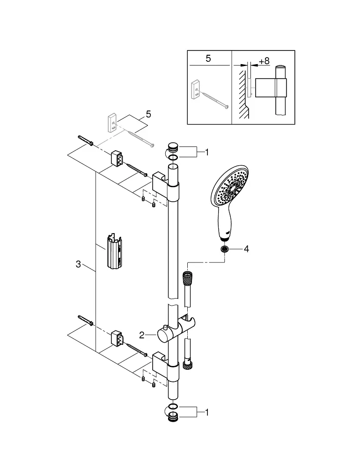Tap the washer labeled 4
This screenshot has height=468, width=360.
[x=224, y=249]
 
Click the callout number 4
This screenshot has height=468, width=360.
[x=246, y=249]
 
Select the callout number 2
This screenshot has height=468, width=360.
[x=142, y=336]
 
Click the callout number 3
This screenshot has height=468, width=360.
[x=78, y=264]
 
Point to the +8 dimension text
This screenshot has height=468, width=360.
[x=264, y=61]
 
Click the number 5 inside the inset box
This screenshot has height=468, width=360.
[x=208, y=58]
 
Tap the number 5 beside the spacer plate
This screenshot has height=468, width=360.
[x=148, y=114]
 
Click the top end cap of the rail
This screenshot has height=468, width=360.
[x=173, y=147]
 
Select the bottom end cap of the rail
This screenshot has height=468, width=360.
[x=173, y=417]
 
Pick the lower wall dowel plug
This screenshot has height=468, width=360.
[x=86, y=321]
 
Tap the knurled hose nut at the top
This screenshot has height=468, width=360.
[x=187, y=278]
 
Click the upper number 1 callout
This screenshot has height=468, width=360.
[x=207, y=153]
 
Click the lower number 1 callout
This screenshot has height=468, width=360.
[x=207, y=412]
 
